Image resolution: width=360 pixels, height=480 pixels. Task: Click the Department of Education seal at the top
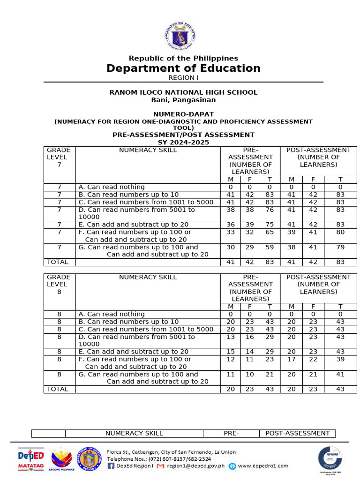183,36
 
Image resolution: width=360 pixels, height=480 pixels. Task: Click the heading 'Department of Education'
183,68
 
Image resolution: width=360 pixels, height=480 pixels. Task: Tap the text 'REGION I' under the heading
183,78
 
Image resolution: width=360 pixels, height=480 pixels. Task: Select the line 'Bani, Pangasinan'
183,100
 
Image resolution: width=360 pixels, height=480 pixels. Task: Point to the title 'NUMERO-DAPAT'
183,114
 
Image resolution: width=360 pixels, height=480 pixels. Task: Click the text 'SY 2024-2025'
183,142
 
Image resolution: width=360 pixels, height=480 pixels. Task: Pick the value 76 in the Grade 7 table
270,210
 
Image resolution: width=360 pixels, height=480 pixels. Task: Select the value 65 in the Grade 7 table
270,232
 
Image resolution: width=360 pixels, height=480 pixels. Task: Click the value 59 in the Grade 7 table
270,247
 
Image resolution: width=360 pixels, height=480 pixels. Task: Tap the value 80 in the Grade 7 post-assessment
340,232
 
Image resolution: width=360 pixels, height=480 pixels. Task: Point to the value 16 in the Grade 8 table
250,337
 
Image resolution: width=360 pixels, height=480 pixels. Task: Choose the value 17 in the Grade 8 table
292,359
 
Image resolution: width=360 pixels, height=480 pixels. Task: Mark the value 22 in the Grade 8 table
313,359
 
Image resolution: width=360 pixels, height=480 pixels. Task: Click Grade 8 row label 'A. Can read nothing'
112,314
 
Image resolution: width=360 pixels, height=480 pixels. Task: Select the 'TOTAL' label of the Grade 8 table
57,389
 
